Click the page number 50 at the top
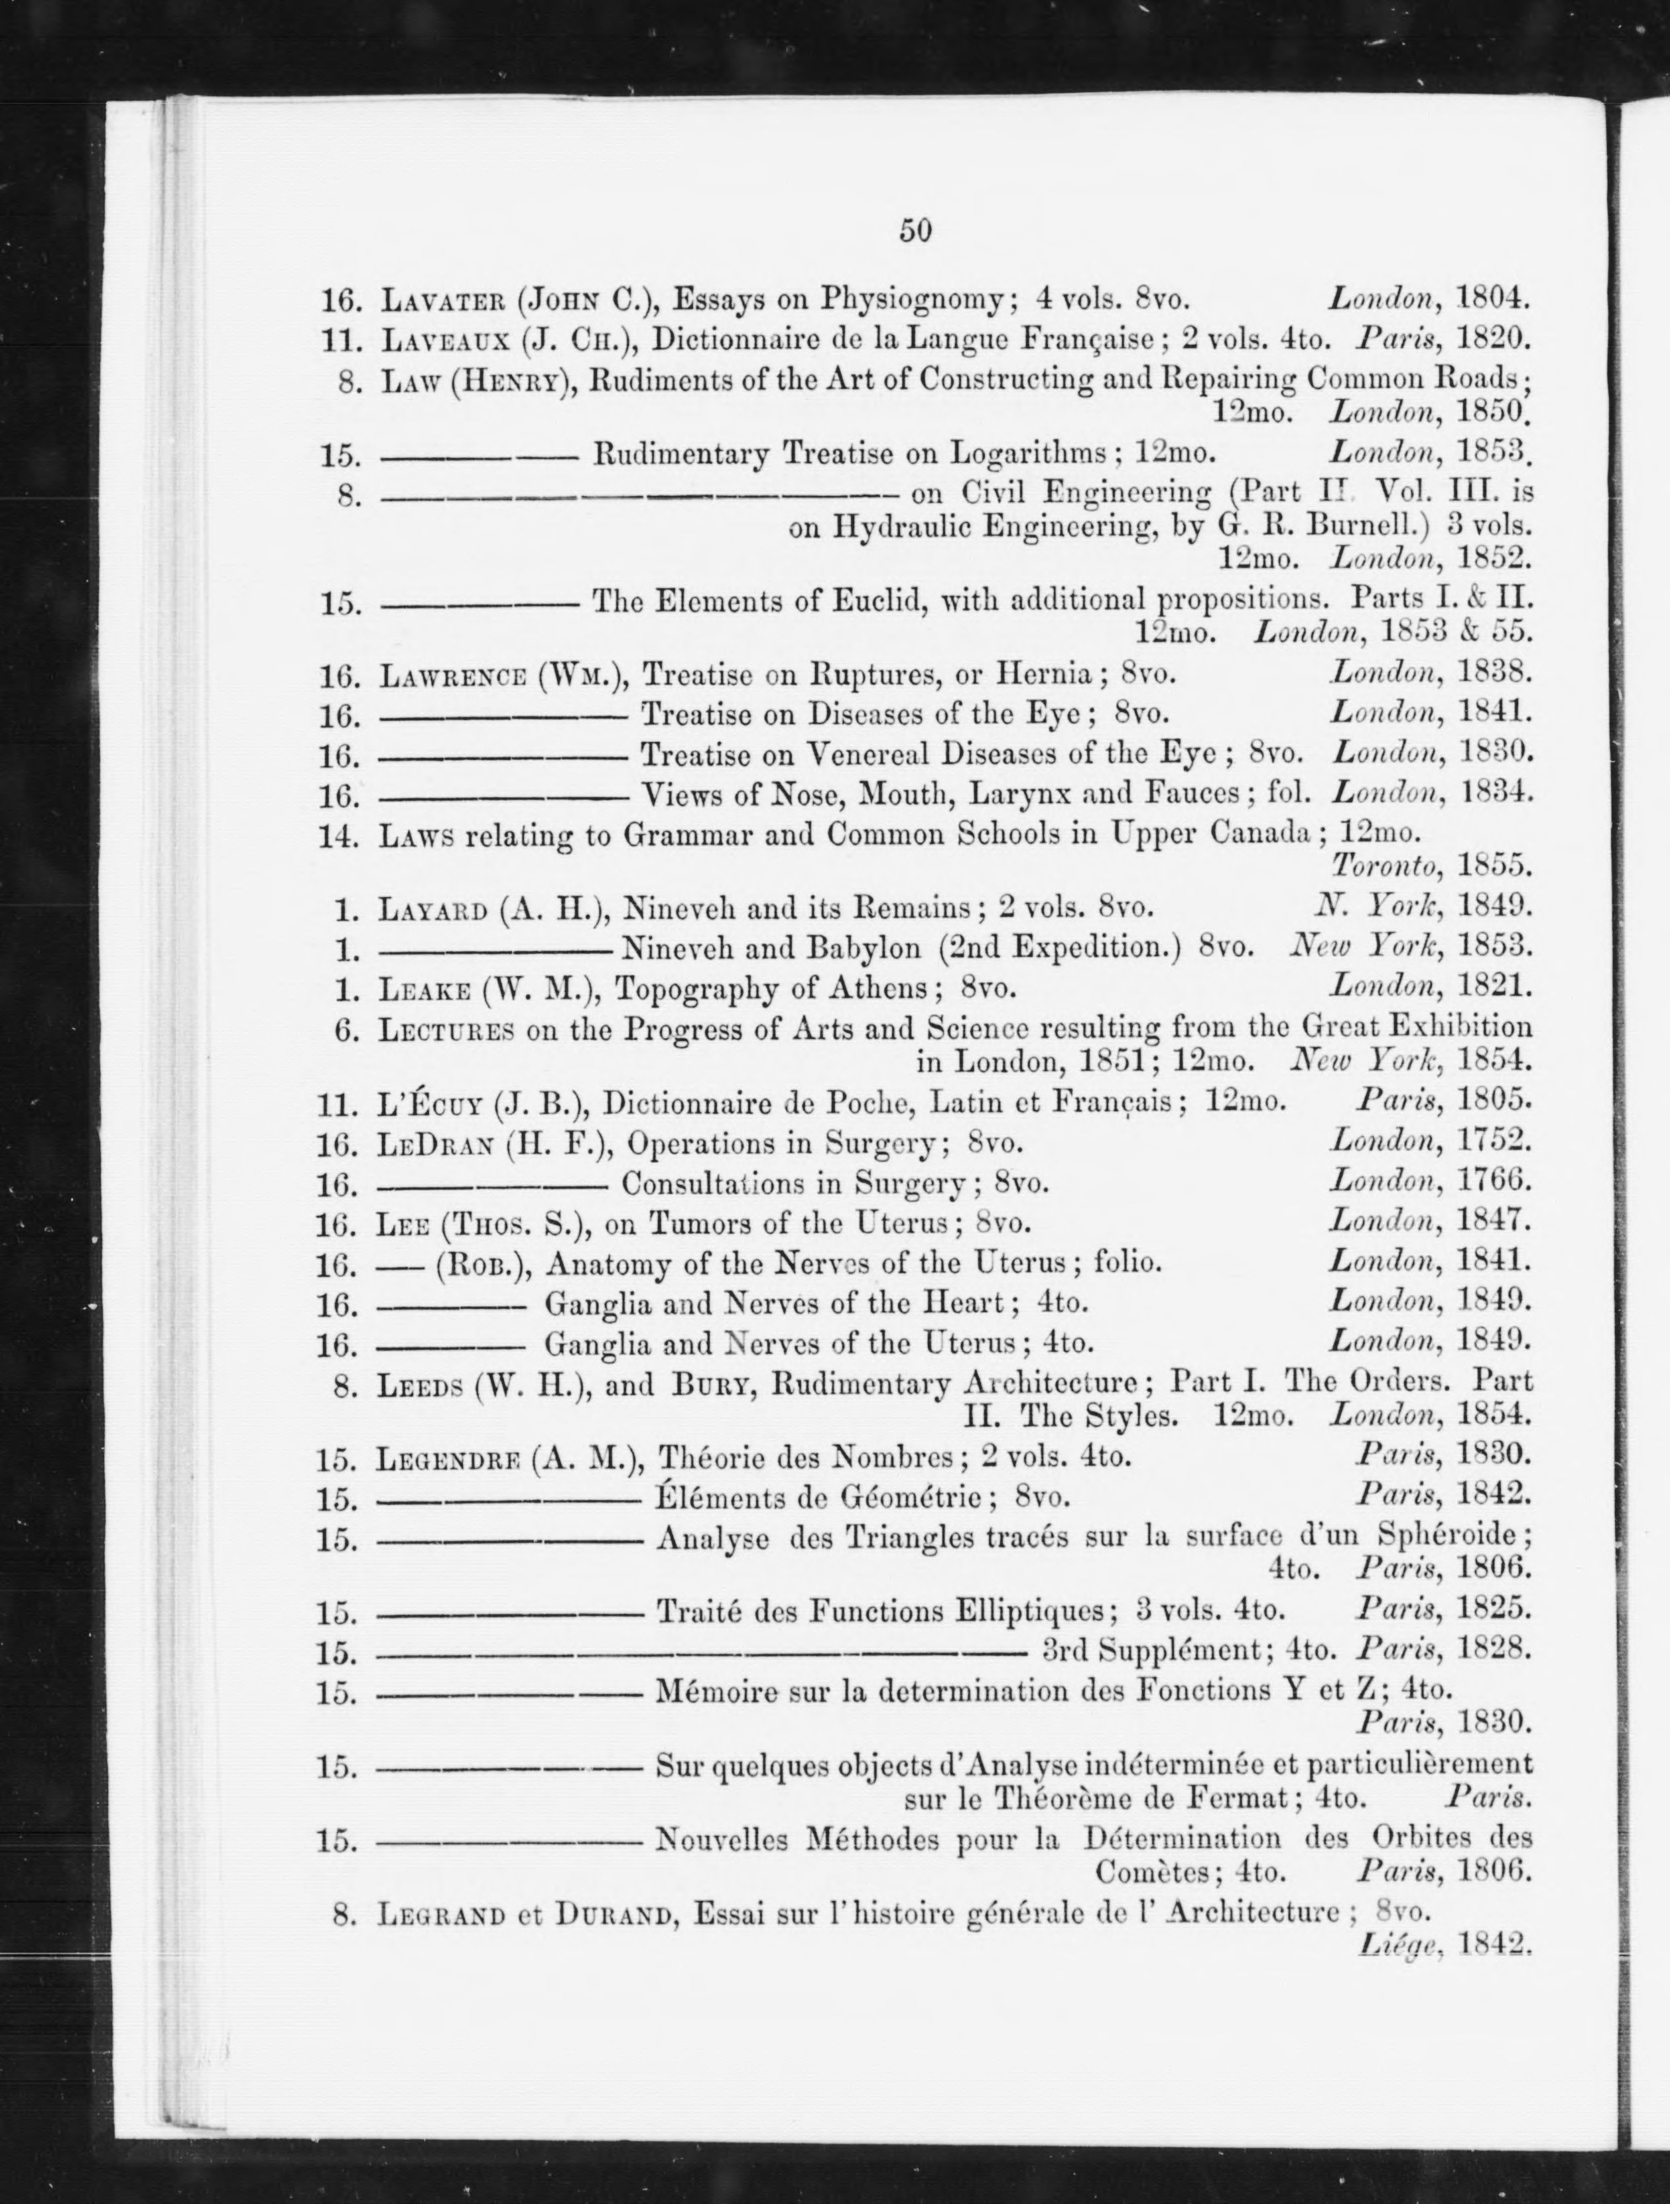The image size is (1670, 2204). [915, 230]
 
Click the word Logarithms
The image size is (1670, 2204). [1027, 454]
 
